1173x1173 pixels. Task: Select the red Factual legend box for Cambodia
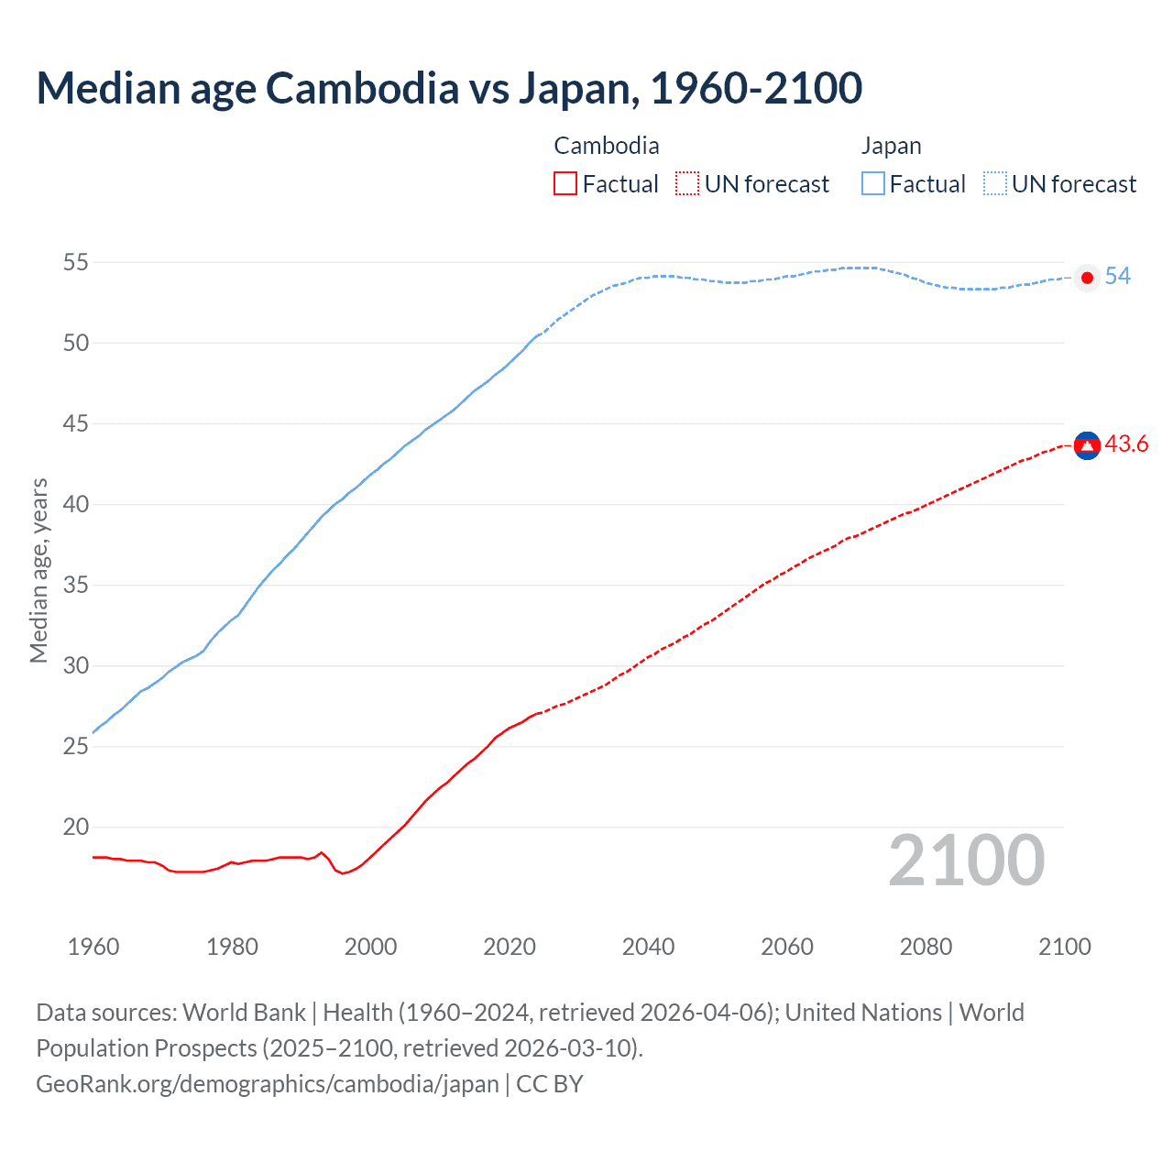coord(565,184)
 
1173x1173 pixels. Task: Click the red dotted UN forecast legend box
coord(687,184)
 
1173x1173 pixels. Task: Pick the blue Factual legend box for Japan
coord(873,184)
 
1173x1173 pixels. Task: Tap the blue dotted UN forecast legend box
coord(995,184)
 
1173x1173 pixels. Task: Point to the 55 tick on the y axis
coord(76,263)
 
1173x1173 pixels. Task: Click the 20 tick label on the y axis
coord(76,828)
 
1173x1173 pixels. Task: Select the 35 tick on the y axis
coord(76,586)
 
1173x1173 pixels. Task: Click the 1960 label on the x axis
coord(93,947)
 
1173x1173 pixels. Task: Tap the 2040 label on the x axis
coord(648,947)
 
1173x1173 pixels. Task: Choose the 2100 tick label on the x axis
coord(1064,947)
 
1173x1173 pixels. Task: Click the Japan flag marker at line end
coord(1087,278)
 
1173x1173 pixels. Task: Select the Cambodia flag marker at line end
coord(1087,445)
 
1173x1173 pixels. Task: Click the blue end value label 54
coord(1118,277)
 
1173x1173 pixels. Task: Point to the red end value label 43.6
coord(1126,444)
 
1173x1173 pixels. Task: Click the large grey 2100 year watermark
coord(967,861)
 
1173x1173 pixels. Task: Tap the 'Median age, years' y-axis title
coord(38,570)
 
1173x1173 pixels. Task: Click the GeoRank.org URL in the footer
coord(268,1084)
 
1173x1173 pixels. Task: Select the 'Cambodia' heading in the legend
coord(607,146)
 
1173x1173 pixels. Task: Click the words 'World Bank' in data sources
coord(244,1013)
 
